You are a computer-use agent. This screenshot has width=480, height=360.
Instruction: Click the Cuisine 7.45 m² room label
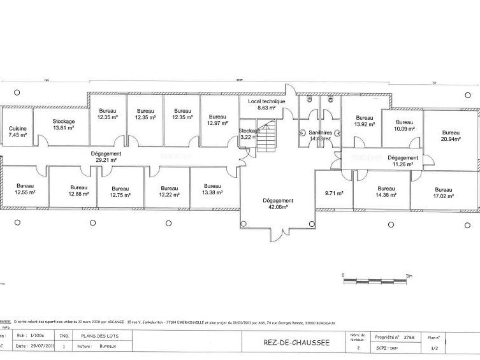click(18, 131)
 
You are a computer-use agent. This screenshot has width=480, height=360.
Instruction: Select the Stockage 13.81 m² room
click(64, 124)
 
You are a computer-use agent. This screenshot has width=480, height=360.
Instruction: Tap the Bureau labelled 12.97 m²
click(217, 119)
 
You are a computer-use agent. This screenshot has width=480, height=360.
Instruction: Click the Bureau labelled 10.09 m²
click(404, 126)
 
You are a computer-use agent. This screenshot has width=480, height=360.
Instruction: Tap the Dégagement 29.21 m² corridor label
click(106, 157)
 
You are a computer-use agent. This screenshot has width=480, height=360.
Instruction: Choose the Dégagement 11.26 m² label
click(402, 161)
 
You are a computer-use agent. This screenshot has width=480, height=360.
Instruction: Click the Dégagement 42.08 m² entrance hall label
click(278, 203)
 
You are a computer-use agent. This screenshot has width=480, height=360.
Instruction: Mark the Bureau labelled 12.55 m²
click(25, 189)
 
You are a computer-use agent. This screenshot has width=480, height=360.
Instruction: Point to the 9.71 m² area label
click(333, 193)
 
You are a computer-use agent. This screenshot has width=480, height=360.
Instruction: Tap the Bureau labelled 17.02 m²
click(443, 193)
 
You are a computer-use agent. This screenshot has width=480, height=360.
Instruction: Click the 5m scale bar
click(375, 278)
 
